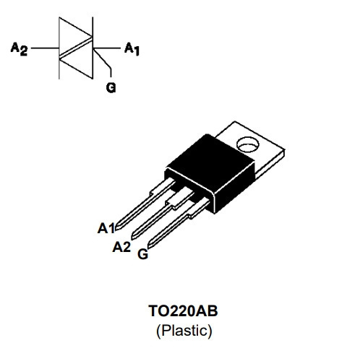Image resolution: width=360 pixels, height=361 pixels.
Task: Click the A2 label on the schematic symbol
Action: [19, 49]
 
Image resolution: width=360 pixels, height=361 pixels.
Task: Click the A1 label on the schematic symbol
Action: [132, 49]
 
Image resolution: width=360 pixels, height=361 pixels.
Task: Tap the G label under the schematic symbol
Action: [111, 87]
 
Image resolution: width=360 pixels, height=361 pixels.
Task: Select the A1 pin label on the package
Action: [106, 228]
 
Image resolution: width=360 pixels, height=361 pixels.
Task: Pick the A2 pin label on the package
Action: [121, 247]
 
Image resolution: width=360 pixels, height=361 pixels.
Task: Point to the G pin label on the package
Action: [142, 254]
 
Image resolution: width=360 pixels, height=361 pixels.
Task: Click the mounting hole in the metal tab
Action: [248, 144]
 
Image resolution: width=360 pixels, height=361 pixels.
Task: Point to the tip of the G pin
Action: [149, 247]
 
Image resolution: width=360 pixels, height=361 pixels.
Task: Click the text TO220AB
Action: [183, 310]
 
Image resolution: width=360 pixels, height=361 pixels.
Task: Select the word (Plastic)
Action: [184, 331]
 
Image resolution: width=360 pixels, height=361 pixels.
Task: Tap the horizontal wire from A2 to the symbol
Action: [45, 48]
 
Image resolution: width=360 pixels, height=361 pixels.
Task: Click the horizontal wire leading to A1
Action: [106, 48]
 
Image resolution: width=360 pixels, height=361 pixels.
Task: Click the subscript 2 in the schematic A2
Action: [24, 51]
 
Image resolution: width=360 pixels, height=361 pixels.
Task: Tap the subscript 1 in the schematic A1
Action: [137, 51]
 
